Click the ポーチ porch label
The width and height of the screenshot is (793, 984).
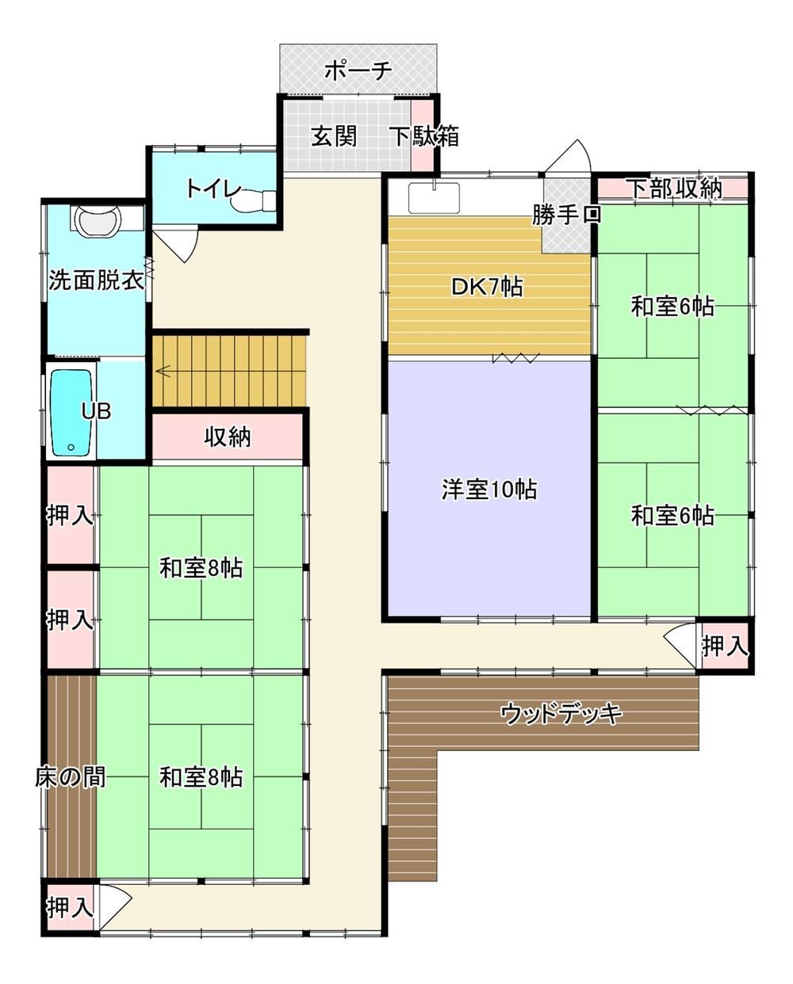(x=358, y=71)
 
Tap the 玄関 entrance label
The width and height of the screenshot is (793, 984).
(x=334, y=135)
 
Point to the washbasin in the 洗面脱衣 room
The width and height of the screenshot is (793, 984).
(x=98, y=219)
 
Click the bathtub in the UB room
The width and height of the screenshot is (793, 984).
(x=71, y=414)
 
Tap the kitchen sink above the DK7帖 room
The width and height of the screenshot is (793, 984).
(x=434, y=197)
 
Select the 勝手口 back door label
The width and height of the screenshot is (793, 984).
(x=566, y=215)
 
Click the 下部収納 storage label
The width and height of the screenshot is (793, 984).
(x=676, y=188)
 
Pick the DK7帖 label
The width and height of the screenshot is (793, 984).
(x=487, y=287)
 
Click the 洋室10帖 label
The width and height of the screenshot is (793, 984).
(x=489, y=490)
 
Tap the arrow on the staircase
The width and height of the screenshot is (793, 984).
(x=163, y=371)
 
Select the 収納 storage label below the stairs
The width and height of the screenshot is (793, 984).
(x=228, y=437)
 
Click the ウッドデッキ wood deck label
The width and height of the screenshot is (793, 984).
(x=561, y=714)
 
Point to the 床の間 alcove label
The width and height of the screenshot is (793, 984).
(x=71, y=777)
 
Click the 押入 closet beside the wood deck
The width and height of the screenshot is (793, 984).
(x=725, y=646)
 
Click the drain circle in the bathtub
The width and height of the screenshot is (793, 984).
(x=71, y=447)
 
